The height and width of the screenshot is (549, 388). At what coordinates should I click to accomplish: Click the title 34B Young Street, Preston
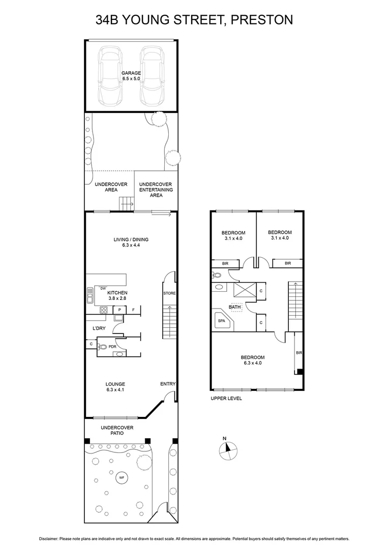click(194, 20)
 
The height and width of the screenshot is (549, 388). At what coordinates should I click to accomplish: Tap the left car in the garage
click(111, 75)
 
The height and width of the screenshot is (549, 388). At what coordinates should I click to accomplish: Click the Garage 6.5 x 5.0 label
click(131, 76)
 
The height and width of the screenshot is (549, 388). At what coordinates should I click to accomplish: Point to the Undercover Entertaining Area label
click(156, 190)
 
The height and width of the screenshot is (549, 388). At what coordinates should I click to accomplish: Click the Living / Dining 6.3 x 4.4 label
click(131, 242)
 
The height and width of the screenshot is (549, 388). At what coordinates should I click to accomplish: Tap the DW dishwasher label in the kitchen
click(103, 288)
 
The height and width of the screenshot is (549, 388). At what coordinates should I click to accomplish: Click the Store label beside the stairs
click(169, 294)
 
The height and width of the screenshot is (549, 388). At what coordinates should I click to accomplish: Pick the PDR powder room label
click(112, 347)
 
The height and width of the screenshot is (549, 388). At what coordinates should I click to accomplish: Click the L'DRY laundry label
click(99, 328)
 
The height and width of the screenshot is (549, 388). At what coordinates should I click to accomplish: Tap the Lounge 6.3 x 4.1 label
click(115, 387)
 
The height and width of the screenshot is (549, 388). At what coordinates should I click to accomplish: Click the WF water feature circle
click(121, 478)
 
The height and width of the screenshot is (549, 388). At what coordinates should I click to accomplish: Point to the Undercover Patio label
click(117, 430)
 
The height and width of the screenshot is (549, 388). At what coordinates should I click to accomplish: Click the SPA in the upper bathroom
click(221, 321)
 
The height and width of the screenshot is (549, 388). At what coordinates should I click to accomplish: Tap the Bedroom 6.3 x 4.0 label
click(253, 360)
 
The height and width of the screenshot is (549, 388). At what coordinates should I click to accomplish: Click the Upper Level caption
click(226, 399)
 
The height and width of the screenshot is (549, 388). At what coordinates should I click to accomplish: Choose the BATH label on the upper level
click(234, 307)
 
